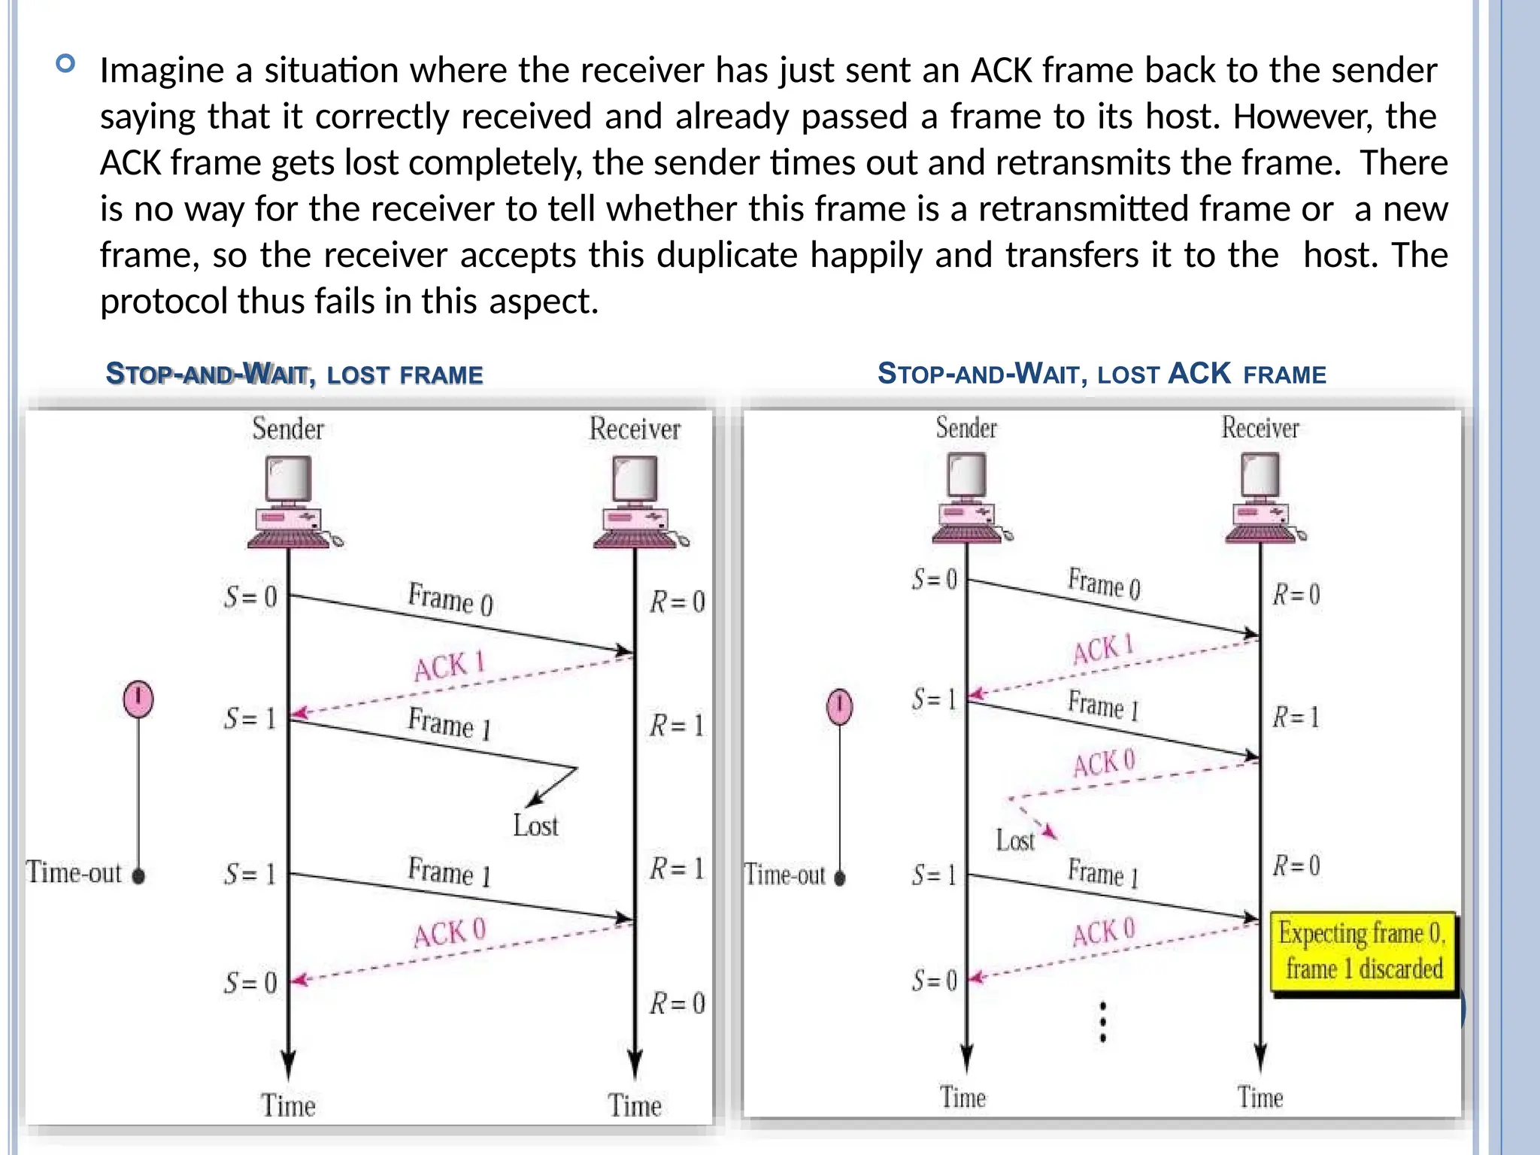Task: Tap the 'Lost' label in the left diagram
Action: tap(535, 826)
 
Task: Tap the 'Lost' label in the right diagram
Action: tap(1015, 840)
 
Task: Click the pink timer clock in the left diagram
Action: tap(138, 699)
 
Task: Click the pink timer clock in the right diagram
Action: tap(839, 707)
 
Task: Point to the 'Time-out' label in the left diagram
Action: tap(74, 873)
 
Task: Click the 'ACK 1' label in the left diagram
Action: tap(449, 665)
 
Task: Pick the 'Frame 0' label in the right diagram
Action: tap(1104, 584)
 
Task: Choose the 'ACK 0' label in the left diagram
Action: tap(450, 933)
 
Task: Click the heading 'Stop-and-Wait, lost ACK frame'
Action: tap(1102, 374)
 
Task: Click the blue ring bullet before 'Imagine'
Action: tap(65, 63)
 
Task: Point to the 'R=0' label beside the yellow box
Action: tap(1296, 865)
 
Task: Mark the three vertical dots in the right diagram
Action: tap(1102, 1022)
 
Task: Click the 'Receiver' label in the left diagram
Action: tap(635, 429)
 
